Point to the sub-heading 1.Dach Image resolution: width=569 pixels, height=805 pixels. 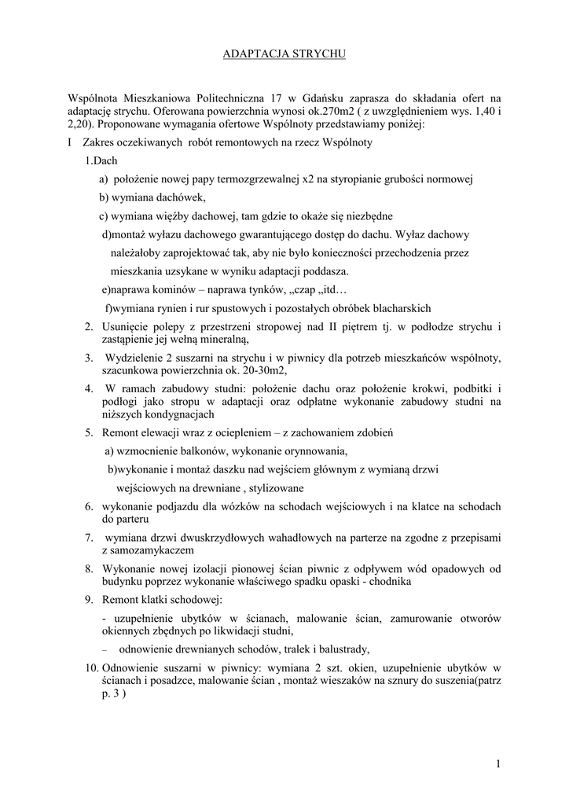(x=101, y=161)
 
